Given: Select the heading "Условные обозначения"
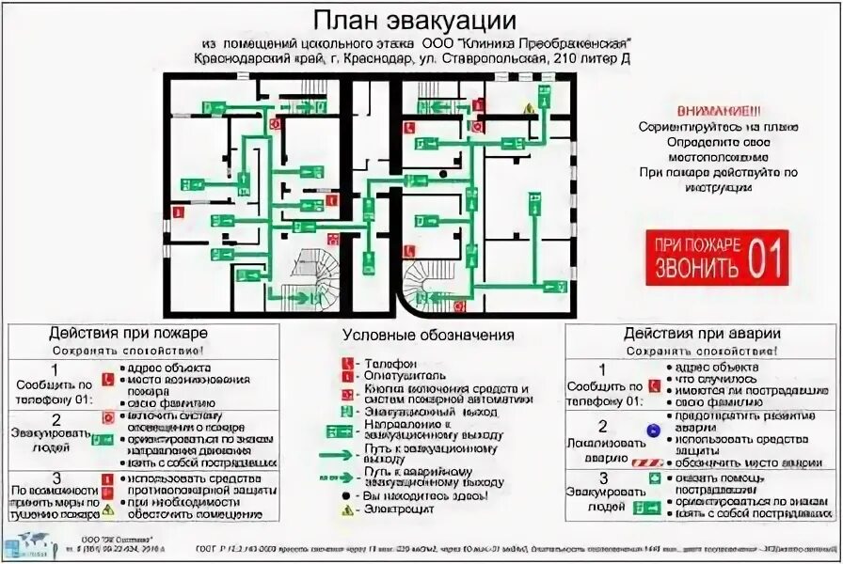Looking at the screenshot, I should pyautogui.click(x=428, y=336).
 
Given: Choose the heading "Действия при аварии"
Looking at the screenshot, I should pyautogui.click(x=702, y=333).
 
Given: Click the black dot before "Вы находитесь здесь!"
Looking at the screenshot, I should pyautogui.click(x=347, y=495).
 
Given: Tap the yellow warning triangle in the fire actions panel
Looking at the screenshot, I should pyautogui.click(x=109, y=509).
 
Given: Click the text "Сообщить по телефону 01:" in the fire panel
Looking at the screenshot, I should pyautogui.click(x=55, y=391).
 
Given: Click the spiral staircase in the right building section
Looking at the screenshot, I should pyautogui.click(x=422, y=276).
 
